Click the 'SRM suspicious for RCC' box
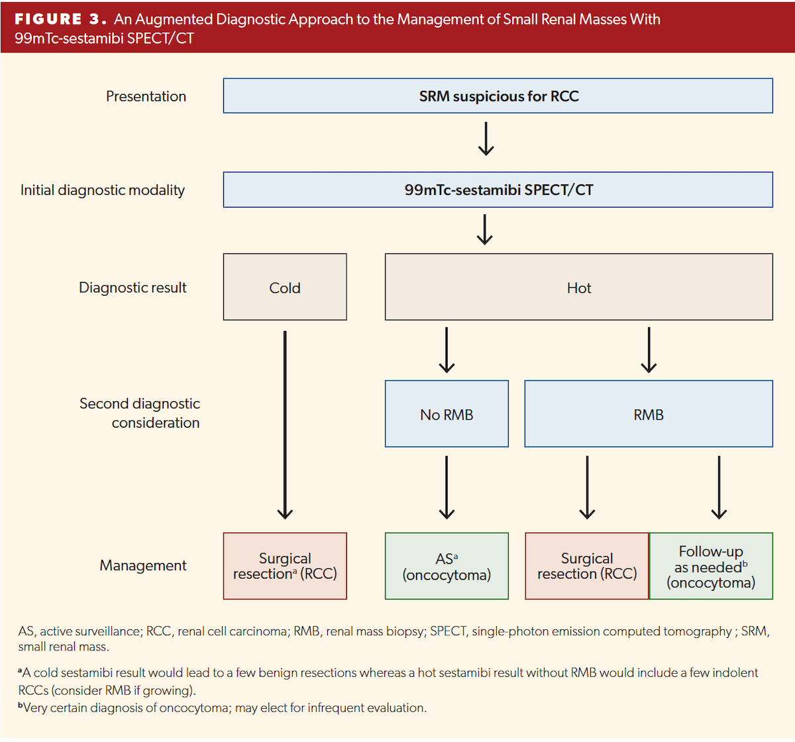(x=498, y=96)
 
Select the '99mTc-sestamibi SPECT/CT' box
(x=498, y=190)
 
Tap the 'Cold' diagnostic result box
(x=285, y=287)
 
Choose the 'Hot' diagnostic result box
(x=578, y=287)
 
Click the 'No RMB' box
(x=447, y=414)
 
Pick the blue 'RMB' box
(x=648, y=414)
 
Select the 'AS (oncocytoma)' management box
(x=447, y=566)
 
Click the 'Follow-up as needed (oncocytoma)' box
(x=711, y=566)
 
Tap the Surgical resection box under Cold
(x=285, y=566)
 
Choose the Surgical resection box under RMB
(x=587, y=566)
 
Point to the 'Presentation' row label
(x=146, y=96)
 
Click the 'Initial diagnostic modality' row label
(x=103, y=190)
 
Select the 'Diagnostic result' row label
(x=132, y=288)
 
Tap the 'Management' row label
(x=143, y=566)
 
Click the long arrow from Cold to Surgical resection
(x=285, y=424)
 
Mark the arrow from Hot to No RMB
(x=447, y=349)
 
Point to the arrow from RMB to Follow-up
(x=719, y=487)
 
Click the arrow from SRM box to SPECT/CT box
(x=486, y=139)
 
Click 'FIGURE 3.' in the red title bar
(x=60, y=19)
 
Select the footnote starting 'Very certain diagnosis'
(x=223, y=708)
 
